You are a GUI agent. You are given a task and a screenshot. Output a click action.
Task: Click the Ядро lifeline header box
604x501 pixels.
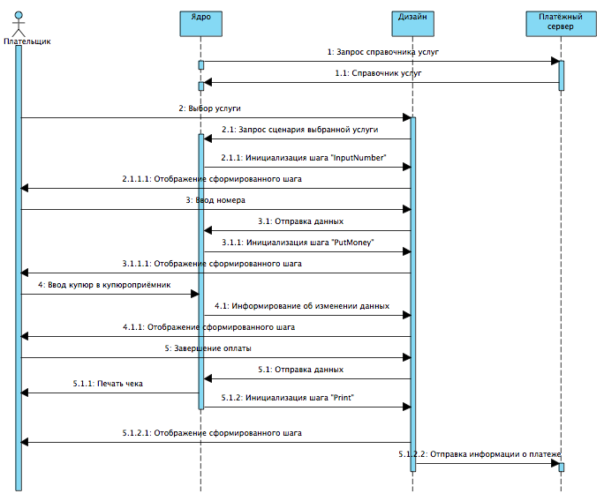201,22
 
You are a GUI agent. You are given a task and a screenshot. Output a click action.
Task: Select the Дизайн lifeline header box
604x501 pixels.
412,22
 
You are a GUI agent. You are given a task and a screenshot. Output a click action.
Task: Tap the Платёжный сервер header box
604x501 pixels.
561,22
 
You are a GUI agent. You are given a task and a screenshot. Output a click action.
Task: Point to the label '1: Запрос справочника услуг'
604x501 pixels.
382,52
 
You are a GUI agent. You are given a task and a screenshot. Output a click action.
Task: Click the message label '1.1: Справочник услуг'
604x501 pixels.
378,73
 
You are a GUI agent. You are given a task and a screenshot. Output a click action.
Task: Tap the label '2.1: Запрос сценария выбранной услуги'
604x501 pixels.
299,130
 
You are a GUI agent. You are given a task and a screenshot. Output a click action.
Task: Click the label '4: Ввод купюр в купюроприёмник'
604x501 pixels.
104,285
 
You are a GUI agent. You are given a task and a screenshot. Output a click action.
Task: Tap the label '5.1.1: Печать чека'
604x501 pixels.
108,384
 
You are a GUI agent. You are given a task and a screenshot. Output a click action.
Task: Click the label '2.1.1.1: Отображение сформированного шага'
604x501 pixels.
212,179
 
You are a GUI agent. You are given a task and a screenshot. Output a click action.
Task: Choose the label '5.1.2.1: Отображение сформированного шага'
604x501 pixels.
212,433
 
